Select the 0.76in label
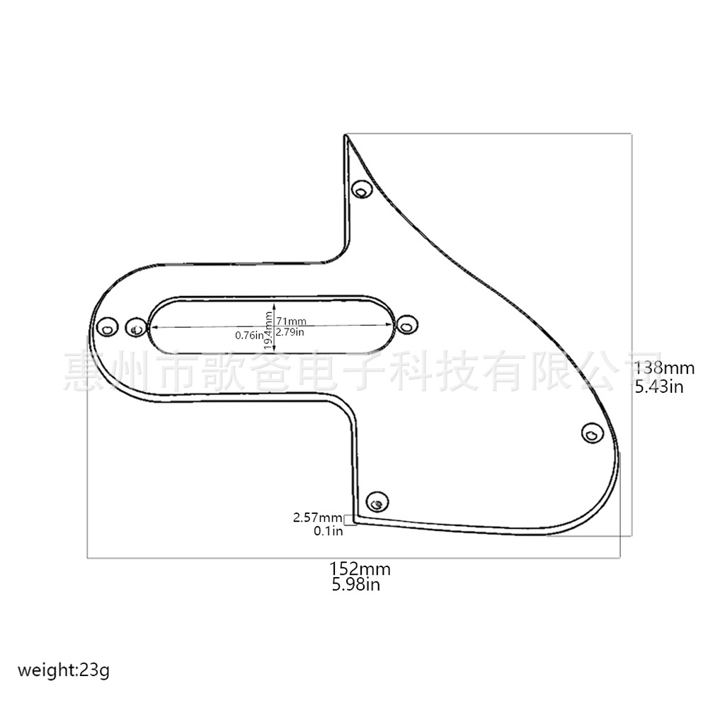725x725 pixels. [249, 335]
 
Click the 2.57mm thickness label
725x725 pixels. [317, 518]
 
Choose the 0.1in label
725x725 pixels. [329, 530]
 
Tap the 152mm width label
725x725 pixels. [360, 569]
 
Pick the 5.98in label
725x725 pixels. [355, 585]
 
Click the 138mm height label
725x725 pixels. [664, 368]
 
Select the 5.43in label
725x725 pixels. [659, 387]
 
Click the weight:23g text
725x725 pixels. [64, 670]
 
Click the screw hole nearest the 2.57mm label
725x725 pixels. [377, 503]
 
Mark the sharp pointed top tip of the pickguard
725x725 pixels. [346, 135]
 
